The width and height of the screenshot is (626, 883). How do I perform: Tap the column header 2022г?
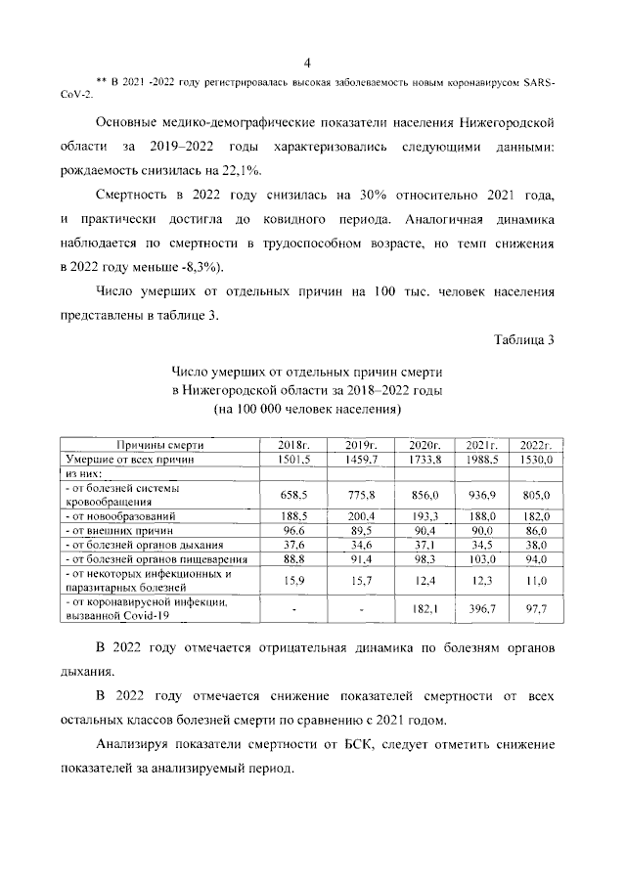537,444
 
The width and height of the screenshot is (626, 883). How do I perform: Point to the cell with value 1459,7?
361,458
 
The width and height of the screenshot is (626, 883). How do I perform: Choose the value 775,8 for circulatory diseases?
361,495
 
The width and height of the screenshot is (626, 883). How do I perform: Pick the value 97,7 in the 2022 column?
537,609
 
